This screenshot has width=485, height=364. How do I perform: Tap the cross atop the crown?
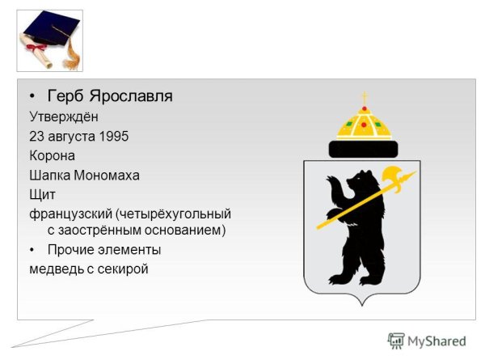click(x=364, y=98)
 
